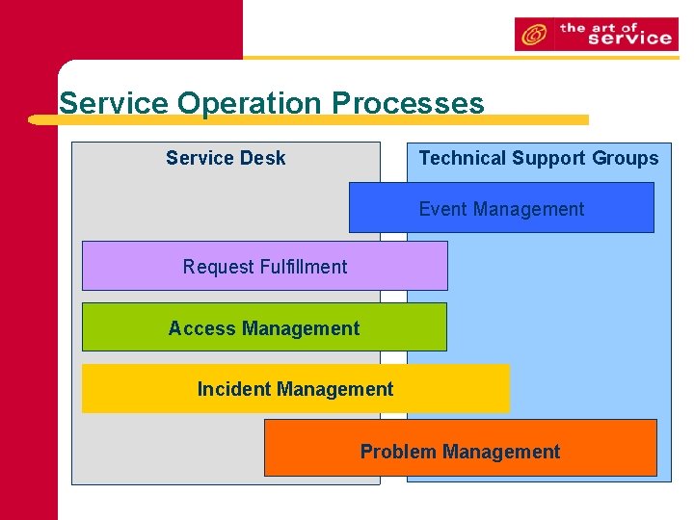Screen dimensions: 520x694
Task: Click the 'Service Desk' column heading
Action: (226, 158)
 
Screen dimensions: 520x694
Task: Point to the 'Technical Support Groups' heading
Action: (538, 158)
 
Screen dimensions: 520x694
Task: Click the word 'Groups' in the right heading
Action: (626, 158)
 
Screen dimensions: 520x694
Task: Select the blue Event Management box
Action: (501, 209)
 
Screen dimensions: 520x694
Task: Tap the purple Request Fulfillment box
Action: (265, 267)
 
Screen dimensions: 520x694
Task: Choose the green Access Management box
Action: (264, 328)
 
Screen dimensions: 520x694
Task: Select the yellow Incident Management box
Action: (295, 389)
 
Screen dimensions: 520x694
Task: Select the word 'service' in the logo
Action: (628, 39)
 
